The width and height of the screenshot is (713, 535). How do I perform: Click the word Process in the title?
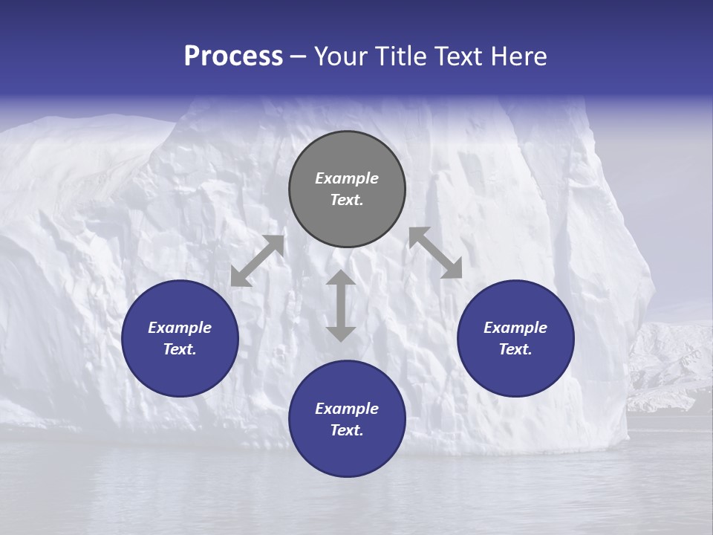pyautogui.click(x=233, y=56)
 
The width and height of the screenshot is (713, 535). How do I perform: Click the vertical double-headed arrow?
pyautogui.click(x=341, y=305)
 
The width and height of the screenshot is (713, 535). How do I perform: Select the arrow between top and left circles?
pyautogui.click(x=257, y=261)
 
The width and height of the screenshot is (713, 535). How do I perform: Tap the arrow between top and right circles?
pyautogui.click(x=436, y=253)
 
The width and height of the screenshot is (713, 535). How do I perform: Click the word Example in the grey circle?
pyautogui.click(x=347, y=178)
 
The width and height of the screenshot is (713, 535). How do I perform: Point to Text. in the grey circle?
pyautogui.click(x=347, y=200)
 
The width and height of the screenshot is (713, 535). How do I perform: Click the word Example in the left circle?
pyautogui.click(x=180, y=328)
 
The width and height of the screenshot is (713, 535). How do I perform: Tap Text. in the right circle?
pyautogui.click(x=515, y=349)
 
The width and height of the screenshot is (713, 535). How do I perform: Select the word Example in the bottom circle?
pyautogui.click(x=347, y=409)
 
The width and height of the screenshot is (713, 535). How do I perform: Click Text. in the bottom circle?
pyautogui.click(x=347, y=430)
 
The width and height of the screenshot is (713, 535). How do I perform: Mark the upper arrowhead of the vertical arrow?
pyautogui.click(x=341, y=278)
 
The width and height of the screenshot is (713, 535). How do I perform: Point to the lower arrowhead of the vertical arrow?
pyautogui.click(x=341, y=334)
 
